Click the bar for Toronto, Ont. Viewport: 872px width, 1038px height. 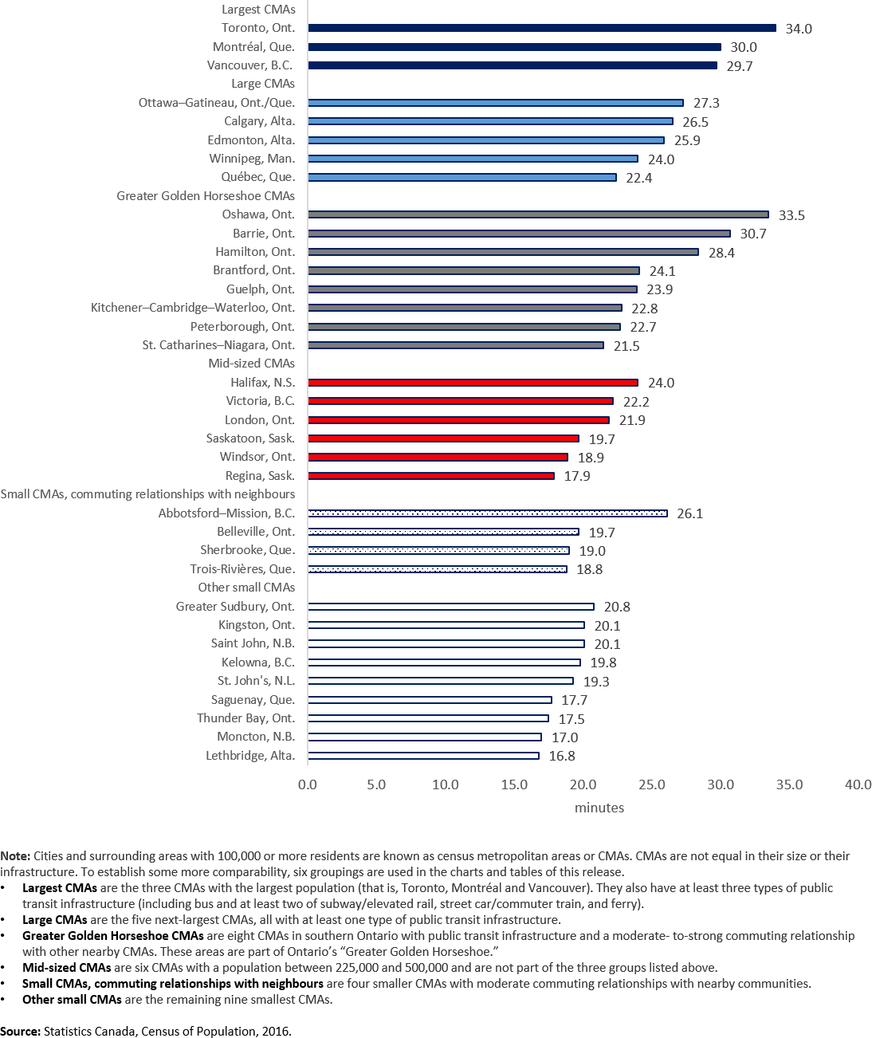click(x=542, y=28)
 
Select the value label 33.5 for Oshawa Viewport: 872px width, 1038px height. click(x=791, y=215)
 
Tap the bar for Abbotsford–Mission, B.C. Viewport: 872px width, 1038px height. click(x=487, y=513)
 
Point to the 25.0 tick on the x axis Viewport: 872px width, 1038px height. click(x=651, y=784)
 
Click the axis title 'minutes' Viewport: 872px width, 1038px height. click(x=599, y=808)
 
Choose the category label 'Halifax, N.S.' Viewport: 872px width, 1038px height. click(x=262, y=383)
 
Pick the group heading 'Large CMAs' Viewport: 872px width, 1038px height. click(x=262, y=84)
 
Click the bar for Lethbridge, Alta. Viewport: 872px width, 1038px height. click(x=423, y=756)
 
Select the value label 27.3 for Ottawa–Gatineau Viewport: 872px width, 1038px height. click(x=706, y=103)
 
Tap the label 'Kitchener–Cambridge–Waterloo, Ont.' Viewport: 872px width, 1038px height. click(x=192, y=308)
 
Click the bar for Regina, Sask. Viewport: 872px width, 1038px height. click(x=430, y=476)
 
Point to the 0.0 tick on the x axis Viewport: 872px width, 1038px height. click(x=307, y=784)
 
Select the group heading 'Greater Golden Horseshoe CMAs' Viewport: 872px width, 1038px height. click(x=206, y=196)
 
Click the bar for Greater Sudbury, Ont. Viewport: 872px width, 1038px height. click(x=450, y=607)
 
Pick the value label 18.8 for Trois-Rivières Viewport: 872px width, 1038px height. click(x=589, y=569)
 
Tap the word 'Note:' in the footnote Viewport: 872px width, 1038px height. click(x=16, y=856)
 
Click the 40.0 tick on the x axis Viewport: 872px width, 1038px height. click(x=858, y=784)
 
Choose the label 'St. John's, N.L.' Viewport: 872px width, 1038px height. click(x=256, y=681)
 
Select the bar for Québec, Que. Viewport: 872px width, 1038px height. click(x=462, y=177)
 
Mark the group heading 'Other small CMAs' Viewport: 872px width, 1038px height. click(x=246, y=588)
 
